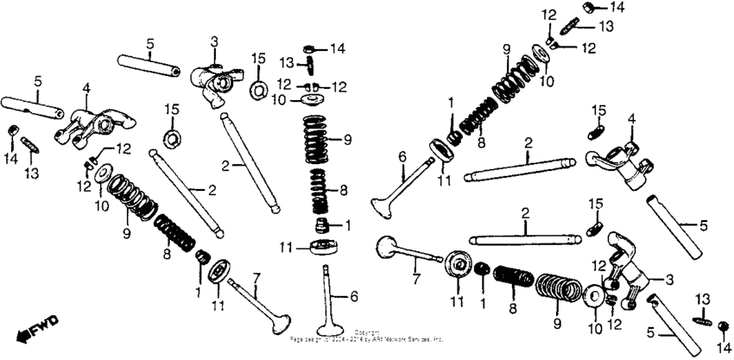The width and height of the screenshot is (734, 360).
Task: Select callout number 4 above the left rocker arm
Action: click(x=86, y=87)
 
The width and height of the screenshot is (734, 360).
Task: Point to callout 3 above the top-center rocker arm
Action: click(x=214, y=41)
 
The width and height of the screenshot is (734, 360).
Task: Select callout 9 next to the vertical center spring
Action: click(x=348, y=140)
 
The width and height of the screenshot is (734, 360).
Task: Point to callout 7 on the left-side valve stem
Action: click(x=256, y=278)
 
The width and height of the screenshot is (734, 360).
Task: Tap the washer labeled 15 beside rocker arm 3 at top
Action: click(x=257, y=90)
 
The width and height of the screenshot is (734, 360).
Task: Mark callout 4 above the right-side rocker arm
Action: click(x=631, y=118)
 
